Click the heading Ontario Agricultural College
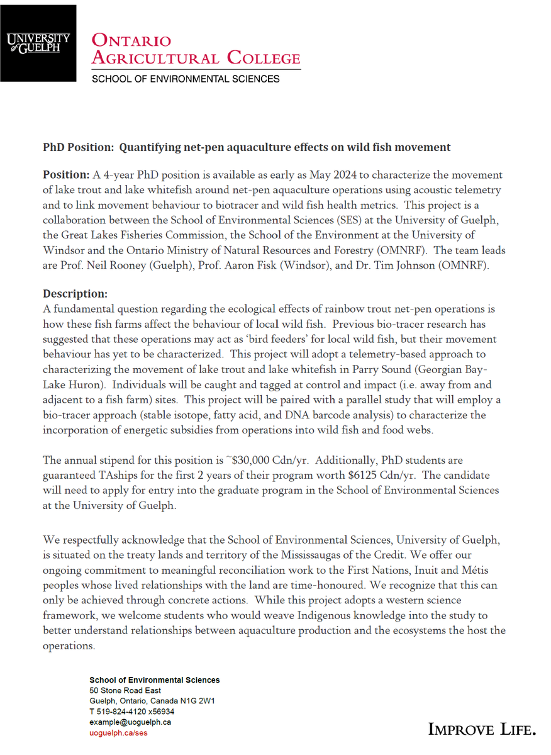coord(196,49)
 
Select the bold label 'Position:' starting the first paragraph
coord(66,174)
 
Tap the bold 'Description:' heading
coord(75,294)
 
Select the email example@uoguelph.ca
coord(130,722)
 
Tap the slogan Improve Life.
coord(482,729)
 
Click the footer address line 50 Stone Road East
coord(125,691)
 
